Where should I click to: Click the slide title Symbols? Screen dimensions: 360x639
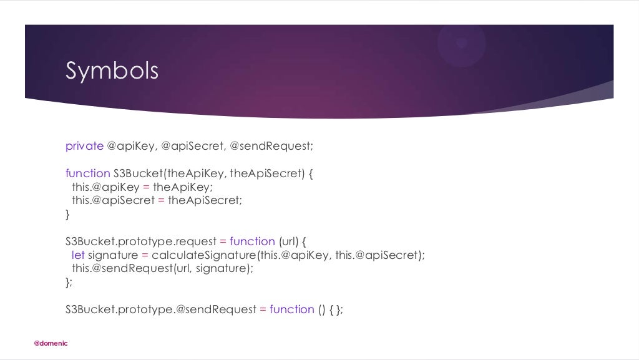[112, 71]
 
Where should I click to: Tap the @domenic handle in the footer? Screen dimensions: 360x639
[51, 343]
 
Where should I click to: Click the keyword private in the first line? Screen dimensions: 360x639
[84, 146]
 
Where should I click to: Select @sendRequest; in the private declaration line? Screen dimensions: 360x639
[271, 146]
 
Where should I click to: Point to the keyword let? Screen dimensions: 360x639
[78, 255]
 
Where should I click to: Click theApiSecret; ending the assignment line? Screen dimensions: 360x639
[205, 200]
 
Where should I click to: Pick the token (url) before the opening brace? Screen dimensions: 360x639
[288, 241]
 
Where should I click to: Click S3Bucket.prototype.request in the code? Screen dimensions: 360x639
[140, 241]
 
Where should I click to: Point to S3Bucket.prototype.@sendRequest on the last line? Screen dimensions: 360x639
[161, 309]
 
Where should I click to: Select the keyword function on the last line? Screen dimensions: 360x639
[292, 309]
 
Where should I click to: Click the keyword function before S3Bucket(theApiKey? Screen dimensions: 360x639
[87, 173]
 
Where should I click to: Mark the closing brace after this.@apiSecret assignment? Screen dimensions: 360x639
[68, 214]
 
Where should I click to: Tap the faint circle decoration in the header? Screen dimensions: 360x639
[461, 43]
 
